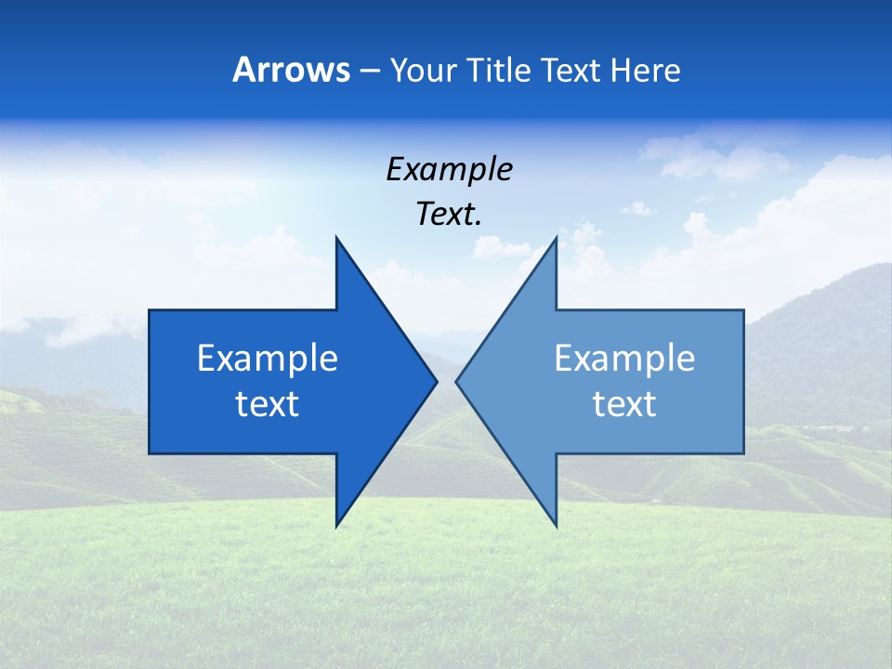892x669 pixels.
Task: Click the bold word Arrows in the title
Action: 291,70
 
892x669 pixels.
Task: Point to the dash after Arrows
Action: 369,71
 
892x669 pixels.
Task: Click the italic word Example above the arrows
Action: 449,169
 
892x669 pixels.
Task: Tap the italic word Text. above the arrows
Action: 449,214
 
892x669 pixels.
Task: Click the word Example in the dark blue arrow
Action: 268,359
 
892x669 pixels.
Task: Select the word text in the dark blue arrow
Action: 268,404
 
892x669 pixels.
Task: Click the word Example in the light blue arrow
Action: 624,359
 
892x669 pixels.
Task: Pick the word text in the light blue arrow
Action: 624,404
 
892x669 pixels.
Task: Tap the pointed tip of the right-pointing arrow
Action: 436,381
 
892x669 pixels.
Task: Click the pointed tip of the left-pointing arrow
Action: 457,381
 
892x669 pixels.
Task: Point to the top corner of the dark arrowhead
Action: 337,239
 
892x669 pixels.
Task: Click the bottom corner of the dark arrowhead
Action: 337,525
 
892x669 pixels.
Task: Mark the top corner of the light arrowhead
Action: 556,239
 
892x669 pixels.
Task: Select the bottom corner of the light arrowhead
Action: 556,525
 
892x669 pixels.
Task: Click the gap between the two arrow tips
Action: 447,381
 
